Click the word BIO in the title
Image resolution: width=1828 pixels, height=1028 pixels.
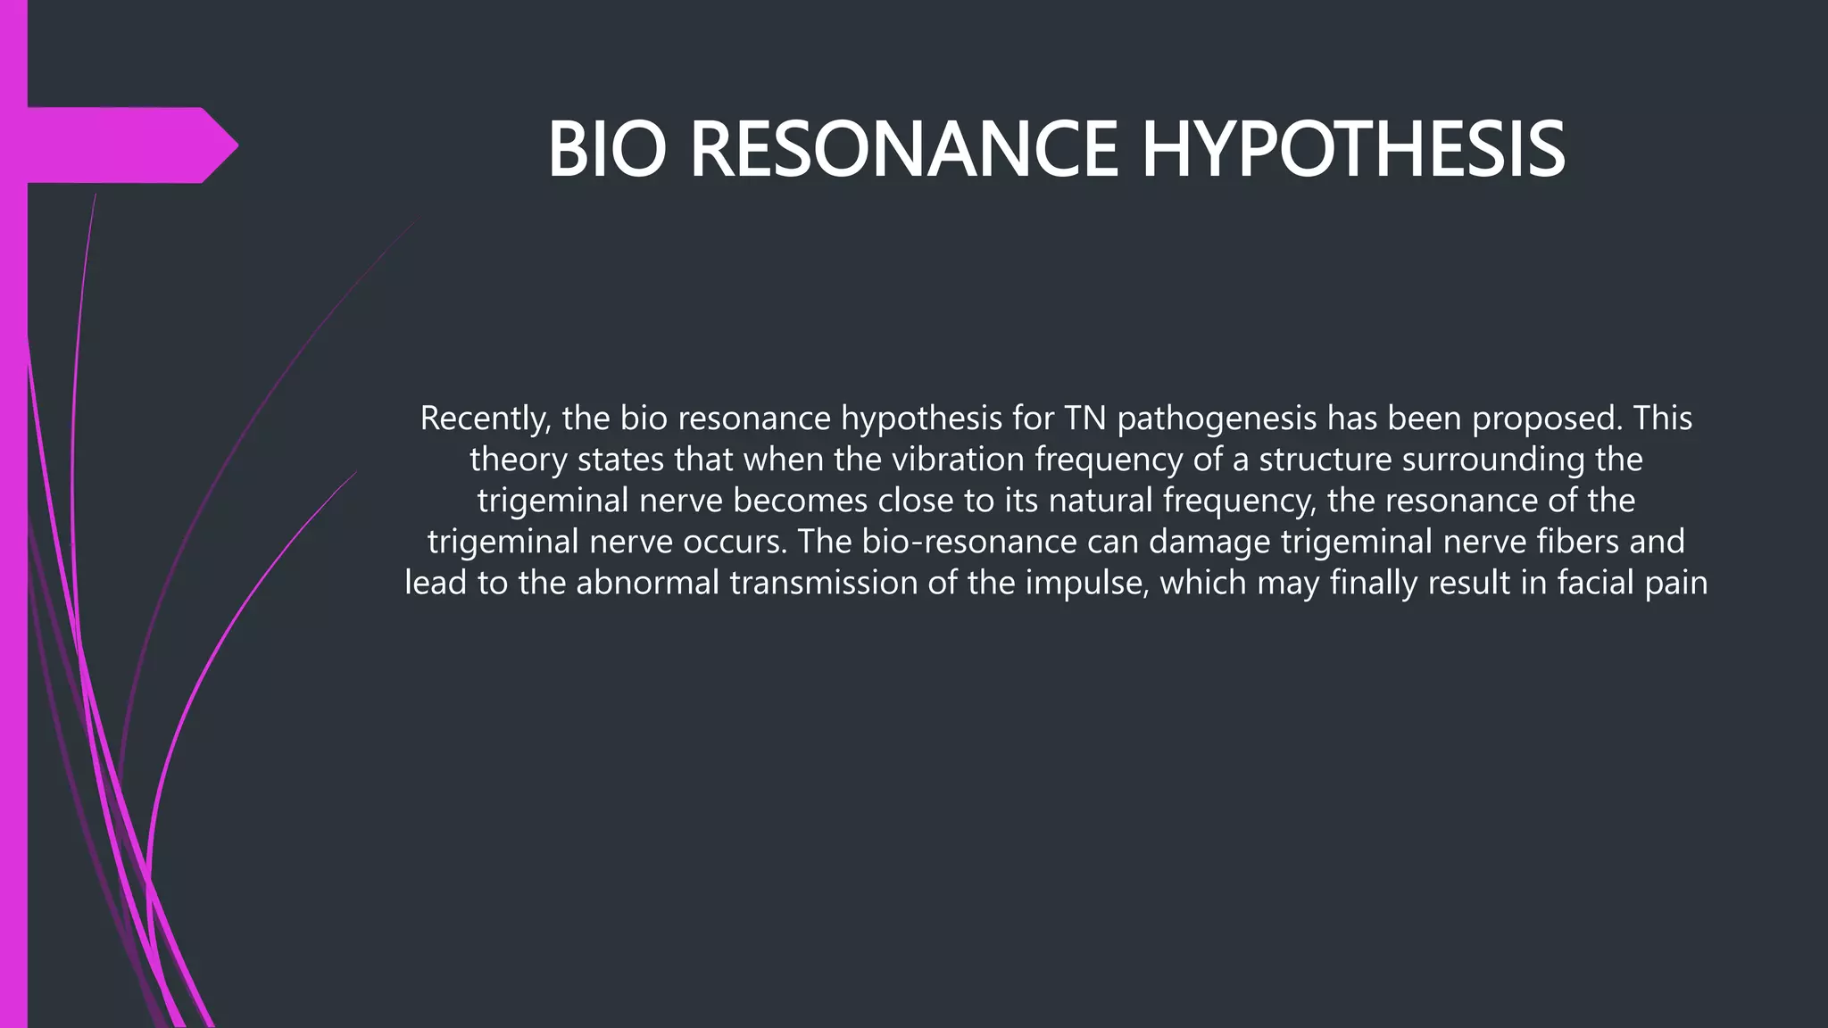pyautogui.click(x=607, y=149)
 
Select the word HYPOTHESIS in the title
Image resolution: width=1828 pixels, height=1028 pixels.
pyautogui.click(x=1353, y=149)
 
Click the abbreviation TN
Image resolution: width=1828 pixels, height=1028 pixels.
pyautogui.click(x=1085, y=418)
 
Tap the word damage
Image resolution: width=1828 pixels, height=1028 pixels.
pyautogui.click(x=1201, y=543)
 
